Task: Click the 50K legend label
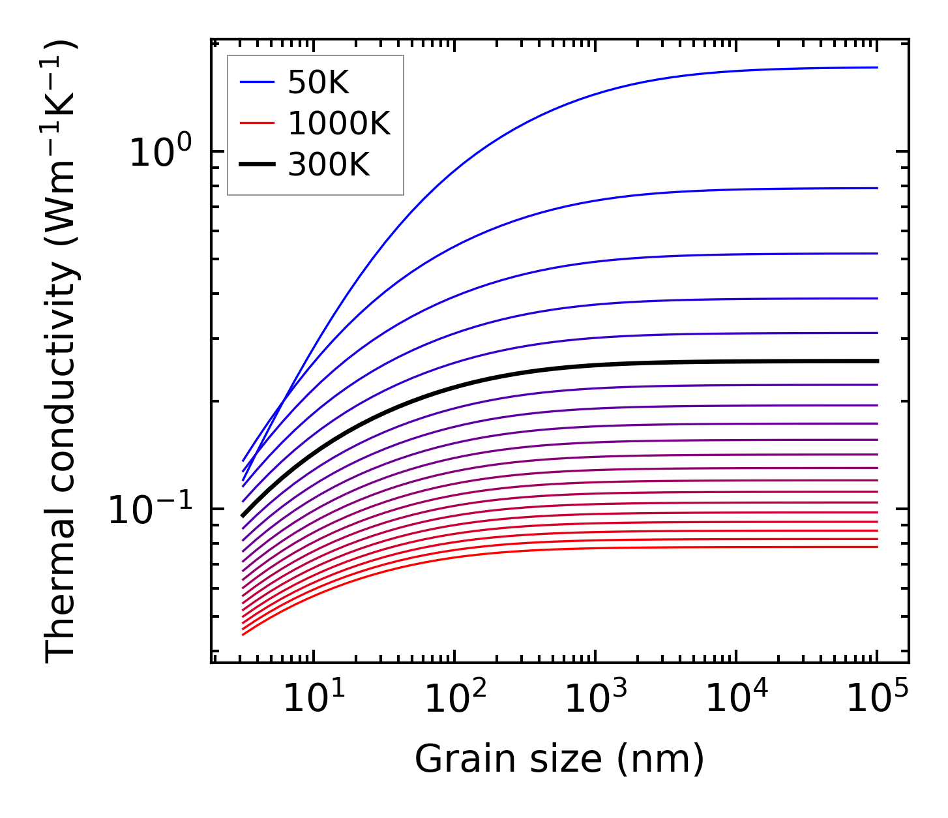(x=318, y=82)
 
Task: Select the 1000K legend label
(x=338, y=123)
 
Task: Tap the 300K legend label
(x=329, y=165)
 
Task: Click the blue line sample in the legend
(x=257, y=82)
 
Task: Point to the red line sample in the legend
(x=257, y=124)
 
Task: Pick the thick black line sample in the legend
(x=257, y=165)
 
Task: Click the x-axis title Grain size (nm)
(x=559, y=760)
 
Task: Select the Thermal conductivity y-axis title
(x=61, y=352)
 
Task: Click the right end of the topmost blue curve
(x=877, y=67)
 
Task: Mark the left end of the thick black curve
(x=243, y=515)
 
